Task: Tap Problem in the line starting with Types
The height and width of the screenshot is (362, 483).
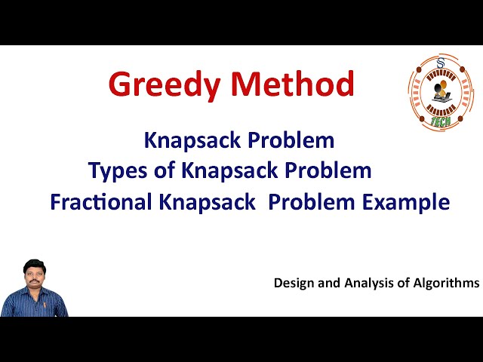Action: (328, 170)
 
